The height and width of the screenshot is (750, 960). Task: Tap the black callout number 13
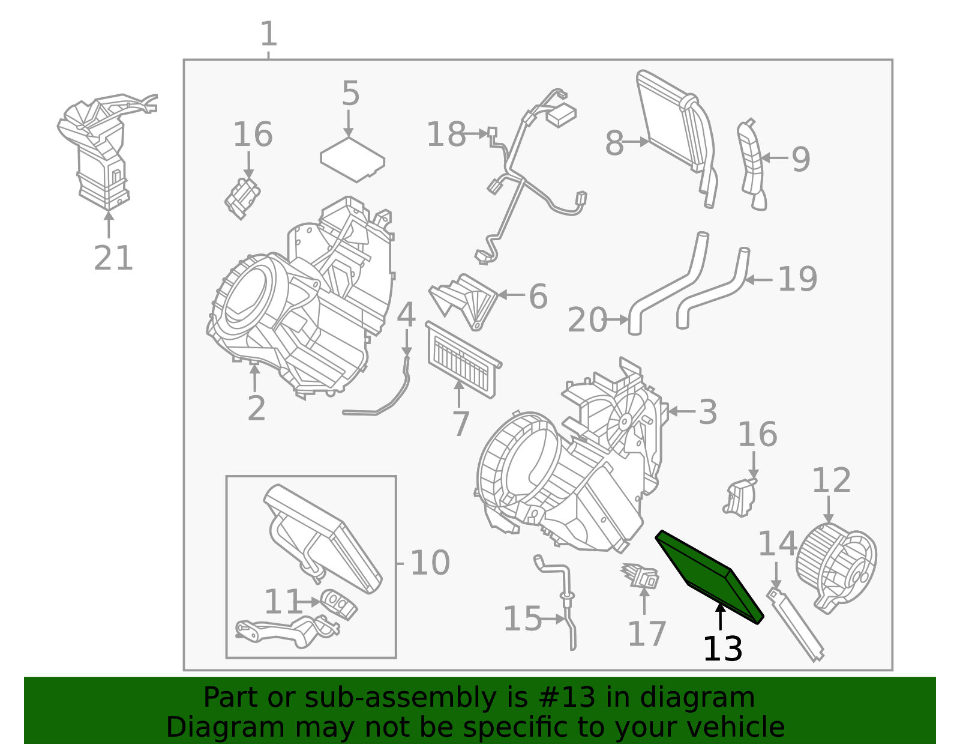point(722,650)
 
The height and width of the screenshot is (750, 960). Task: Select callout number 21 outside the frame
point(113,259)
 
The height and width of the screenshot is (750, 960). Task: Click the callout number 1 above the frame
point(268,34)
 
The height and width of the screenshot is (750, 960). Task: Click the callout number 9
point(800,159)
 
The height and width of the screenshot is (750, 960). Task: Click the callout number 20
point(587,320)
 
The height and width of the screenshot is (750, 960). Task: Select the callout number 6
point(538,296)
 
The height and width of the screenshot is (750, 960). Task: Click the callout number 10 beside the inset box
point(430,563)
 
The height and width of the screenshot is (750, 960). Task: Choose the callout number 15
point(522,618)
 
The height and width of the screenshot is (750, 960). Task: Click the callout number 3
point(707,413)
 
